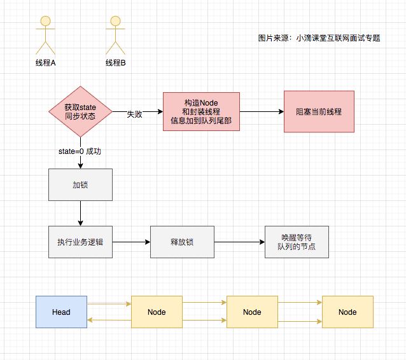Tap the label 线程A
(x=45, y=63)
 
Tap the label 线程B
(x=115, y=63)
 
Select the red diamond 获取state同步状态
(x=80, y=111)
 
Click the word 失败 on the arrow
(x=134, y=114)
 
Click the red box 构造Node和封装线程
(x=201, y=111)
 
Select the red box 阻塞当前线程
(x=319, y=111)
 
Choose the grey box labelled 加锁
(x=80, y=184)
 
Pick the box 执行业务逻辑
(x=80, y=242)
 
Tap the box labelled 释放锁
(x=182, y=242)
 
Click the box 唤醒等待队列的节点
(x=297, y=242)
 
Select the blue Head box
(x=61, y=312)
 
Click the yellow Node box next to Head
(x=157, y=312)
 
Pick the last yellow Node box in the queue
(x=347, y=312)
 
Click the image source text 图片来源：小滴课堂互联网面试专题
(x=319, y=38)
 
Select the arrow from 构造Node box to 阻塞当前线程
(x=261, y=111)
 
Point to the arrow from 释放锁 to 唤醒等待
(x=239, y=242)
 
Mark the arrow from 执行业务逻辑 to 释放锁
(x=130, y=242)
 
